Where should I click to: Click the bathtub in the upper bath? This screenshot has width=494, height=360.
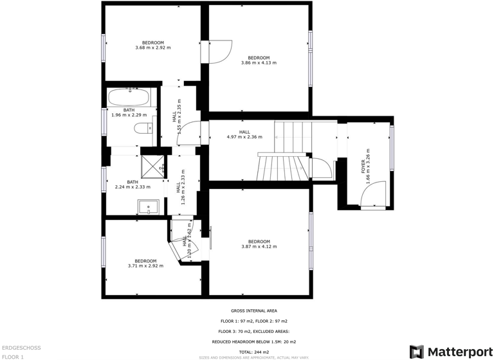[129, 98]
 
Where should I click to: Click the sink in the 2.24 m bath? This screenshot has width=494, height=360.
[148, 208]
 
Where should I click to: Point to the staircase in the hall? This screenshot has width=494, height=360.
[286, 152]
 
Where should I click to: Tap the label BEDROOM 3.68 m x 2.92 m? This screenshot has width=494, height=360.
[153, 45]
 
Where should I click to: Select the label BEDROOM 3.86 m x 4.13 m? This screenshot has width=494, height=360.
[259, 60]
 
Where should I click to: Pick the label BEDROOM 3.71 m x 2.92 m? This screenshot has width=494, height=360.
[145, 263]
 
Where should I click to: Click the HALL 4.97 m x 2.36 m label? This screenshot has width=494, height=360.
[244, 134]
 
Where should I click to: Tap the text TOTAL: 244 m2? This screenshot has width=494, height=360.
[253, 352]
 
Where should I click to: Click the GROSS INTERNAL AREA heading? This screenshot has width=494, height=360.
[253, 310]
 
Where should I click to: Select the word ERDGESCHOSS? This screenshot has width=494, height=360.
[21, 348]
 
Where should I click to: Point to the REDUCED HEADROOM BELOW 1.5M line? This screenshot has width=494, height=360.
[253, 342]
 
